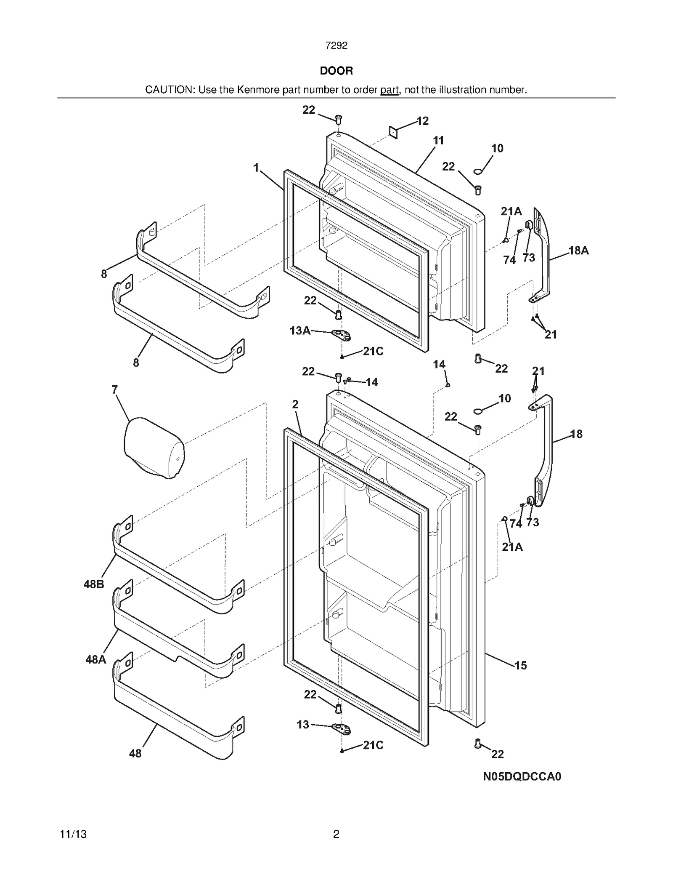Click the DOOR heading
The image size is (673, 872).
(x=336, y=71)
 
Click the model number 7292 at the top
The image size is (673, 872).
(x=336, y=46)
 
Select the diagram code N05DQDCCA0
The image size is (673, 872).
(x=522, y=776)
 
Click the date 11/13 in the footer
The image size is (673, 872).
(x=73, y=834)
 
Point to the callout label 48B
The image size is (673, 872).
(x=94, y=584)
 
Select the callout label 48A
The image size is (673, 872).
(x=95, y=659)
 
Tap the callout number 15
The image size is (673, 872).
(x=520, y=665)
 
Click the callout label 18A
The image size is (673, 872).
(x=578, y=251)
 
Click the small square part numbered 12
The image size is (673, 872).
(x=393, y=133)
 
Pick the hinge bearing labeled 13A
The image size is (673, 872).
(x=341, y=335)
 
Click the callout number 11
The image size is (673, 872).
(x=438, y=141)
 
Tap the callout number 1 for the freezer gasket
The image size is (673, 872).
(x=256, y=168)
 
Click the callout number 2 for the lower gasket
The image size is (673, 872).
(x=295, y=404)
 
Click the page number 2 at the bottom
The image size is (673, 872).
(x=336, y=834)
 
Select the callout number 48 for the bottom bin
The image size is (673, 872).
(x=135, y=754)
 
